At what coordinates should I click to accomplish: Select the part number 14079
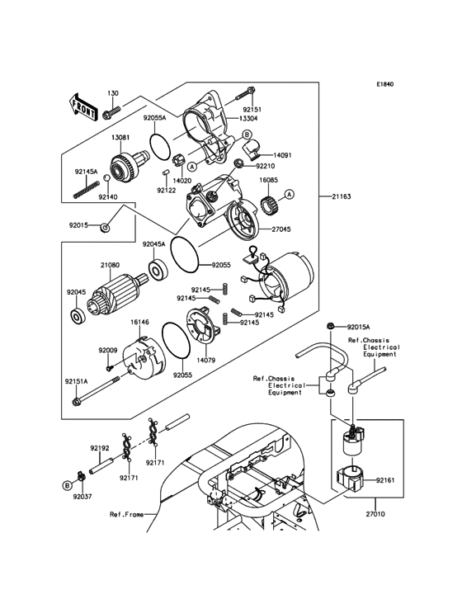coord(206,361)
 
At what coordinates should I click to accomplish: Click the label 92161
coord(387,479)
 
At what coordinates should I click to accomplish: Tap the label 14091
coord(283,154)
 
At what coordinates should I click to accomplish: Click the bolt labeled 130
coord(111,108)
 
